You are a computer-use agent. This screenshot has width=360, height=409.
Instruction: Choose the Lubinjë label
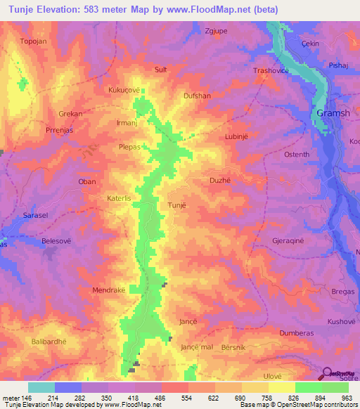pos(237,137)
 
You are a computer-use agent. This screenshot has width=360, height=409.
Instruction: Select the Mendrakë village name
pos(108,290)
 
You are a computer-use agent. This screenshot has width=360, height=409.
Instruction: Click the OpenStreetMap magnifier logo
pos(328,372)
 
